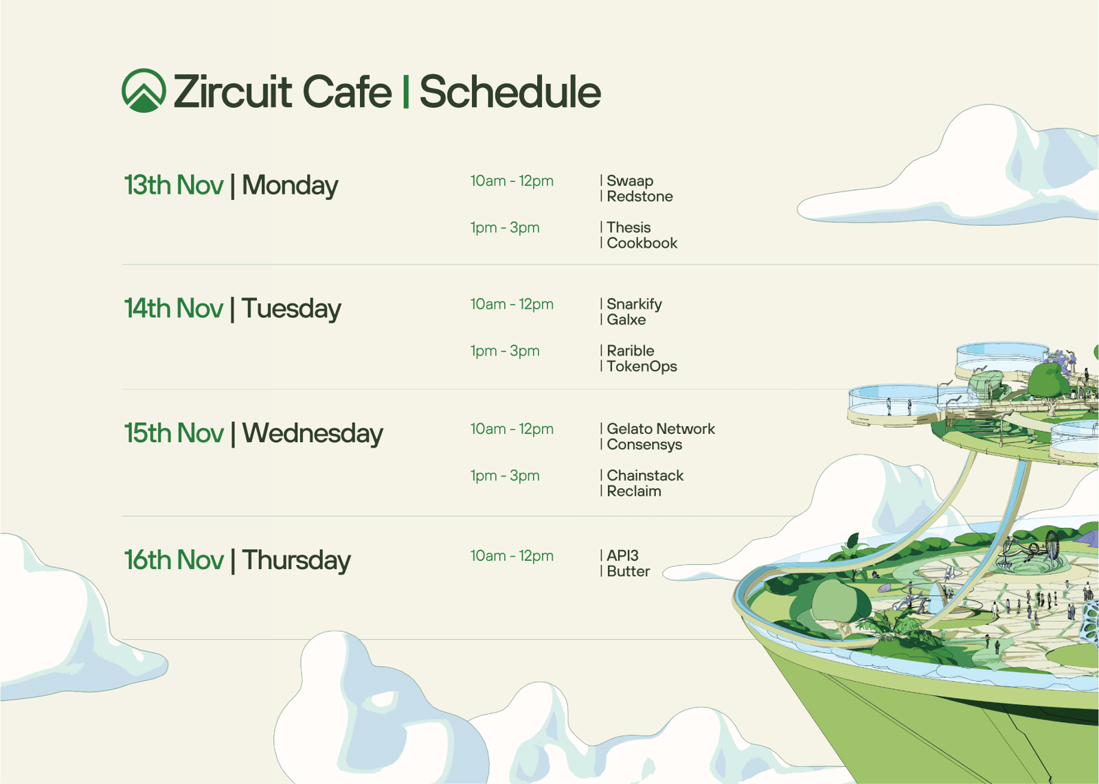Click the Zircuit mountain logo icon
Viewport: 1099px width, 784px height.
tap(144, 91)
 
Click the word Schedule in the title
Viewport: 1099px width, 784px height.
tap(510, 92)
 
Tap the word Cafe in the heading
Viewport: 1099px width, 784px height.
tap(348, 91)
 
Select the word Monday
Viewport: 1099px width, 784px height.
tap(290, 186)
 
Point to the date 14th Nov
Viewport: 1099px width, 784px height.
tap(174, 308)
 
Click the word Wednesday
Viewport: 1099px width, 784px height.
tap(313, 434)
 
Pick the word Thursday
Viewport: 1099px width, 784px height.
tap(296, 560)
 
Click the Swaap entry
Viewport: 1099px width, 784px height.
tap(630, 181)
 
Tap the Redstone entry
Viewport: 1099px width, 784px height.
tap(639, 196)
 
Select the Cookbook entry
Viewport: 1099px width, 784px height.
tap(642, 243)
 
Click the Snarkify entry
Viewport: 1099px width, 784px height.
tap(635, 305)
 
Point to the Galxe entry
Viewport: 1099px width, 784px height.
tap(626, 320)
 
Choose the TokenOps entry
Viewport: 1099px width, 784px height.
tap(642, 367)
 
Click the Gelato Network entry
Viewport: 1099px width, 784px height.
tap(661, 428)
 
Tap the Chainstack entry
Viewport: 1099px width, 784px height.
tap(645, 475)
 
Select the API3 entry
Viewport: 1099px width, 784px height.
tap(622, 555)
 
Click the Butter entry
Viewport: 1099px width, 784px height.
tap(628, 571)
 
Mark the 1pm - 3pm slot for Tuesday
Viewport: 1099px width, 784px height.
tap(505, 351)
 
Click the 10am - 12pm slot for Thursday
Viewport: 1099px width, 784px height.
tap(512, 556)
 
